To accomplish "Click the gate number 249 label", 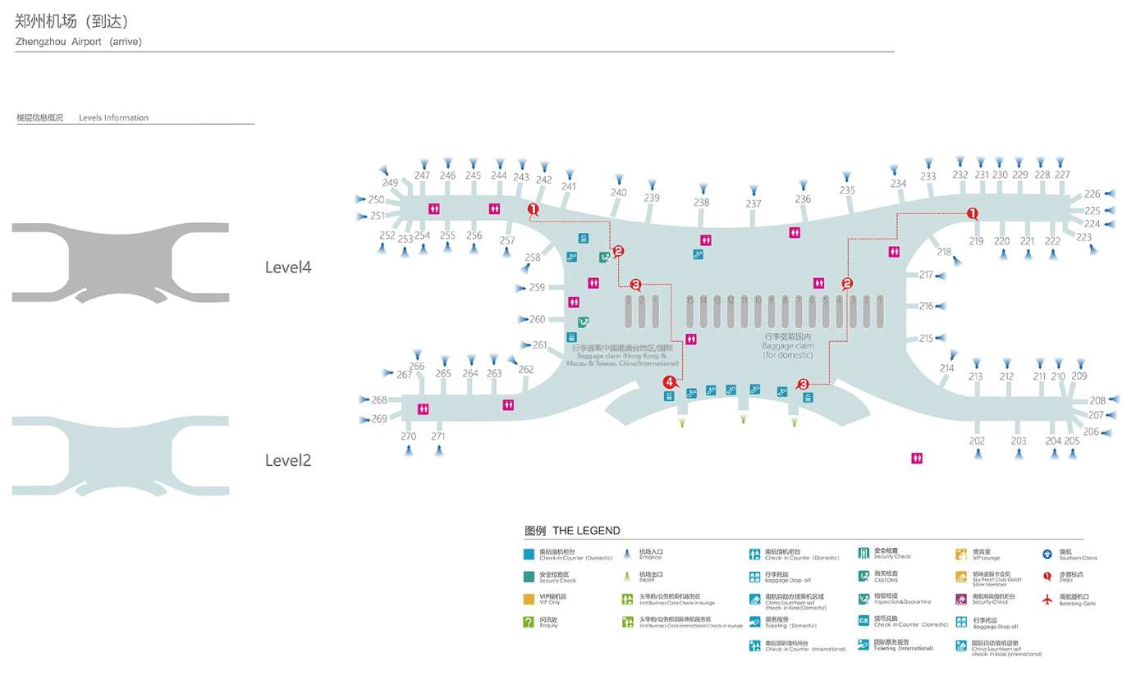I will tap(390, 183).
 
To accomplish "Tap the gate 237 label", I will tap(754, 203).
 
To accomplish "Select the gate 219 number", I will tap(976, 241).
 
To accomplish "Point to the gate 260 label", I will tap(537, 319).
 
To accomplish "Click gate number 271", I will tap(438, 436).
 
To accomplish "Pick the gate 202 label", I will tap(977, 441).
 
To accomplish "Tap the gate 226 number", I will tap(1092, 194).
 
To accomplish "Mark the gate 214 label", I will tap(947, 368).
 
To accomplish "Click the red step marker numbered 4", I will tap(670, 381).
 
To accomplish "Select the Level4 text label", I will tap(288, 267).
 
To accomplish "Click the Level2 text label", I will tap(288, 460).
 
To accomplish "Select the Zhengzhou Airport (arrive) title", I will tap(79, 42).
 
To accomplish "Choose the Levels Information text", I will tap(113, 118).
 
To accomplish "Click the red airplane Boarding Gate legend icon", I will tap(1047, 600).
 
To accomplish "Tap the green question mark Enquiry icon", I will tap(529, 623).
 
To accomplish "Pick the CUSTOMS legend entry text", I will tap(886, 580).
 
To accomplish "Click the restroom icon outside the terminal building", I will tap(917, 459).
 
